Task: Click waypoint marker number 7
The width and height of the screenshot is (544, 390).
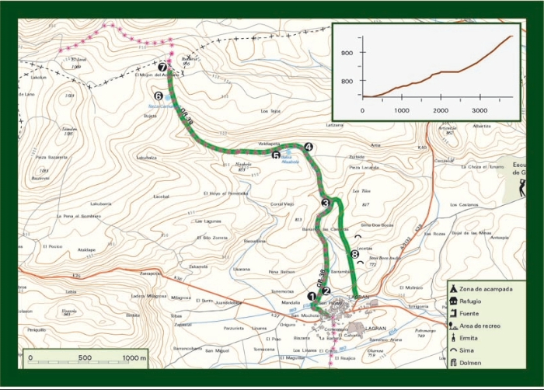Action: coord(162,68)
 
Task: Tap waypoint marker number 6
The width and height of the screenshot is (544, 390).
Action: coord(159,96)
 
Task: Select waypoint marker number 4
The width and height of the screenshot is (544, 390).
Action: coord(309,146)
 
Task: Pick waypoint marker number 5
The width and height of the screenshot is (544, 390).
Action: coord(276,155)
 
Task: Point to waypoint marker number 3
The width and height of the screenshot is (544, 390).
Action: coord(326,203)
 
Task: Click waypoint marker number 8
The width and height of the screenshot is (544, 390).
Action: coord(355,254)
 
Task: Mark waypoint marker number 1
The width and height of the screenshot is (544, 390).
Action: coord(312,295)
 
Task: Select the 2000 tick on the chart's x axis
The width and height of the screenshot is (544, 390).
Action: coord(439,110)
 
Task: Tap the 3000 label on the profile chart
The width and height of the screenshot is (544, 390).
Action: coord(479,110)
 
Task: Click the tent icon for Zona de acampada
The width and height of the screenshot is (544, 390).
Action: coord(452,288)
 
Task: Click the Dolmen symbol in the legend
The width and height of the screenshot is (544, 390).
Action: coord(452,363)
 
